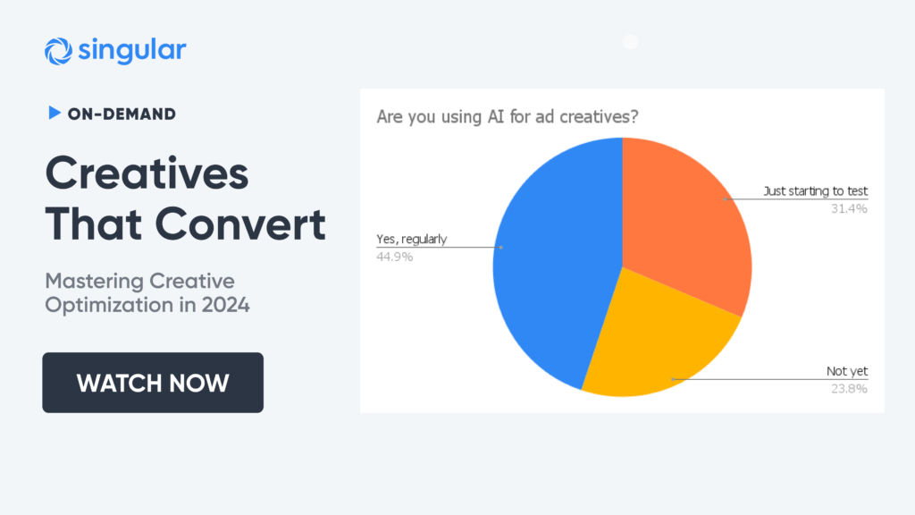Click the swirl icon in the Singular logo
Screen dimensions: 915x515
(x=58, y=51)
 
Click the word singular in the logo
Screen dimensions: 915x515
(x=132, y=50)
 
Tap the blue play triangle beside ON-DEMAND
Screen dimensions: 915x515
(x=55, y=113)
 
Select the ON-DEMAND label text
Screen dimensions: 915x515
(x=122, y=114)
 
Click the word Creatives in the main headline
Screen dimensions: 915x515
(x=147, y=173)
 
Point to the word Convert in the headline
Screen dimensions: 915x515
(x=240, y=224)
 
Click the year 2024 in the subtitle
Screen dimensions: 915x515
(x=226, y=305)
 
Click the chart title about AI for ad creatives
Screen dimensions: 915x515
(x=508, y=117)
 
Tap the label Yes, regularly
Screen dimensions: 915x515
(x=411, y=240)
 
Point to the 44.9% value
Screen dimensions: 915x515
(x=394, y=257)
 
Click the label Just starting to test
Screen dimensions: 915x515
(x=815, y=191)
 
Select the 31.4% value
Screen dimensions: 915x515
(x=849, y=209)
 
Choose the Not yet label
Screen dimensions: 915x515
(x=847, y=371)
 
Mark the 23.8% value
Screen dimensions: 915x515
(x=849, y=389)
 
